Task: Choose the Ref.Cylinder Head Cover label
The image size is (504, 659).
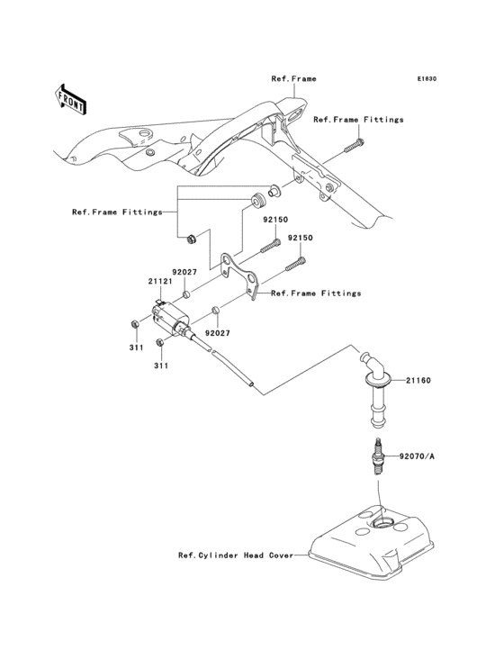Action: click(235, 555)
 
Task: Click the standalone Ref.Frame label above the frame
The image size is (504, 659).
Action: click(293, 79)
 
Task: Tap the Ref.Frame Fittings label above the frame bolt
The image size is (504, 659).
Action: click(358, 119)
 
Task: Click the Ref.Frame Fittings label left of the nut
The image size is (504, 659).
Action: click(117, 212)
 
